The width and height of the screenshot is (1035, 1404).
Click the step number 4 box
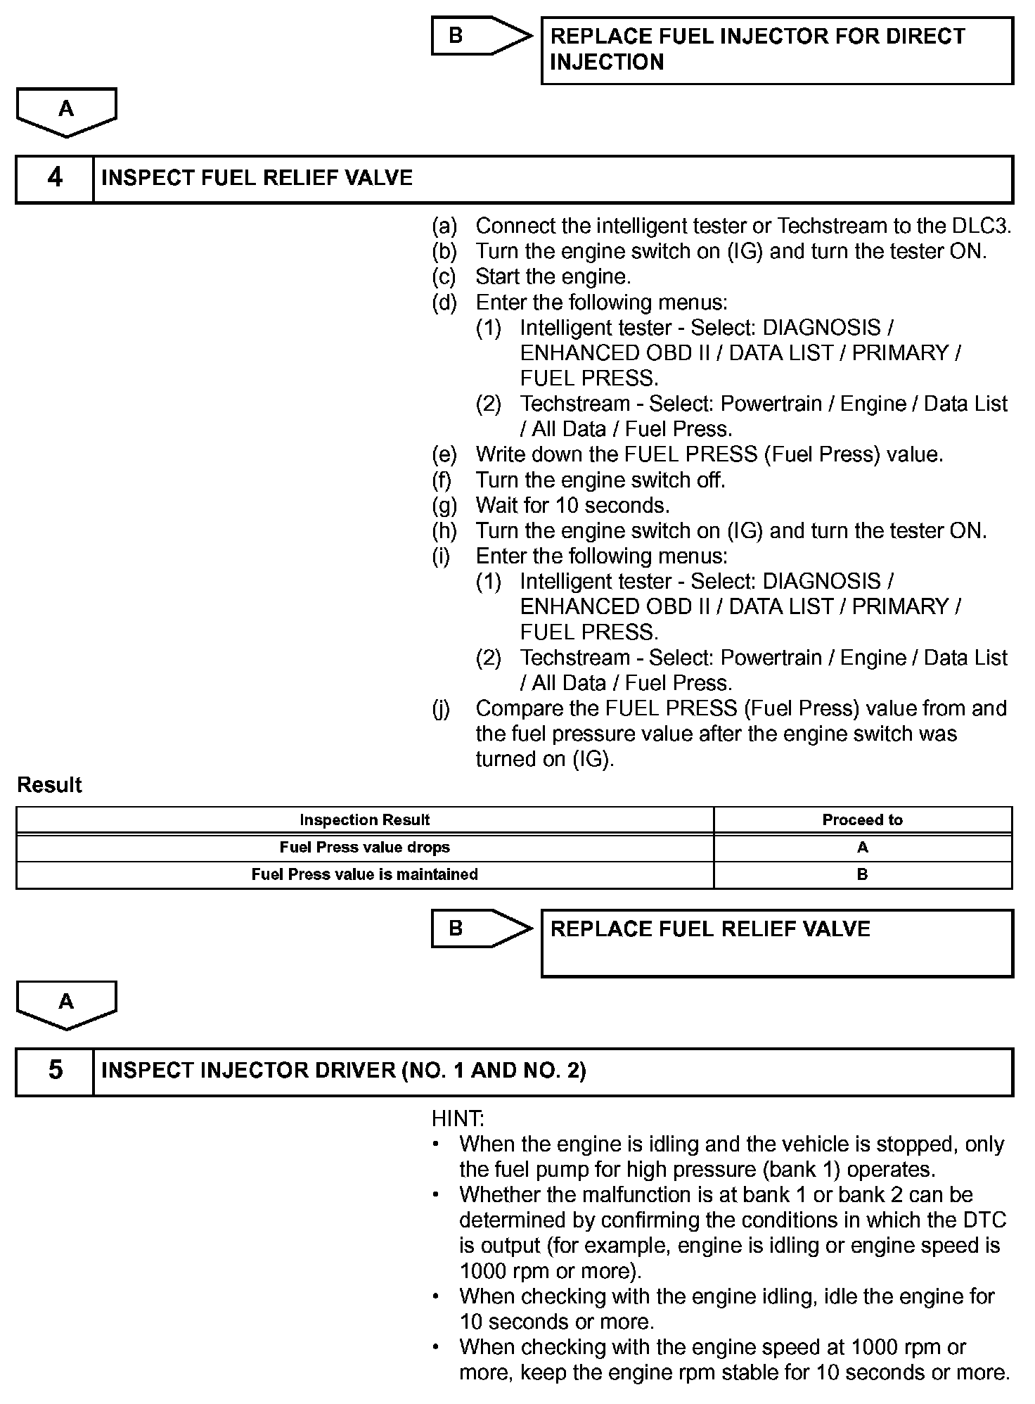[55, 178]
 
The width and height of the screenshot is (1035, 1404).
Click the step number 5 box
[55, 1071]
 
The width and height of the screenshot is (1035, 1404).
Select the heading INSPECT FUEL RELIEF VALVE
[257, 178]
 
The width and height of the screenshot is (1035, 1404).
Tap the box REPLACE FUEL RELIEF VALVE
[777, 943]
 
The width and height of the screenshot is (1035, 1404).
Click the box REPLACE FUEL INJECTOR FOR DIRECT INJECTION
[777, 50]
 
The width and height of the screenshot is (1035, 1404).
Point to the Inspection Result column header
[364, 820]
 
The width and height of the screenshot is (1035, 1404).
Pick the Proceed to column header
[862, 820]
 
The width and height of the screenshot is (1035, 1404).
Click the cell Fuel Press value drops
[364, 848]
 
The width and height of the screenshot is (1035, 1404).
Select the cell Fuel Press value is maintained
[364, 874]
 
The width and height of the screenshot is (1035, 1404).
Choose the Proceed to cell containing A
[862, 848]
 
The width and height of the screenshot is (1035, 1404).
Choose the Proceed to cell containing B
[862, 874]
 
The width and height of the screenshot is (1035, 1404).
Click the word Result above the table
[49, 785]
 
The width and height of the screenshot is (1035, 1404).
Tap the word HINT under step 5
[458, 1118]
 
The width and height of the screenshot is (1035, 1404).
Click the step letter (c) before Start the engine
[444, 277]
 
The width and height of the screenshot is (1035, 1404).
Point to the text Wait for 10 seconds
[572, 506]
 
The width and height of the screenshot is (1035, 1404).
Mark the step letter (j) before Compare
[441, 709]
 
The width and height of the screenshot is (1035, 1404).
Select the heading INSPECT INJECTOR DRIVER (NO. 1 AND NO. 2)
[343, 1071]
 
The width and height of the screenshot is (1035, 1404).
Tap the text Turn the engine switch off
[600, 480]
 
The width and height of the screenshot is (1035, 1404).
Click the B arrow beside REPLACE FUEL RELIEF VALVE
[481, 928]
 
